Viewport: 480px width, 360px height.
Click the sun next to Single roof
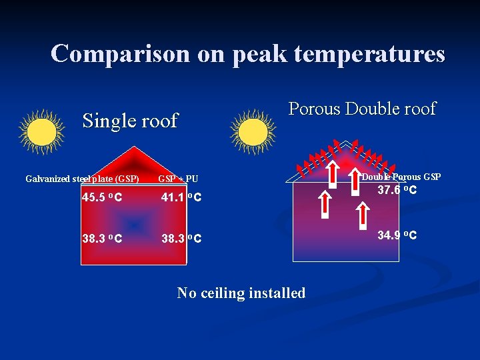click(41, 131)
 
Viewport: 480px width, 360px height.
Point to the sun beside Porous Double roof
click(253, 131)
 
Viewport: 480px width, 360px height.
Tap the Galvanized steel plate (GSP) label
click(82, 179)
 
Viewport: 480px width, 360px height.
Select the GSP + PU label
click(178, 179)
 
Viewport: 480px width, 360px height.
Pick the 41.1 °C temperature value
click(181, 197)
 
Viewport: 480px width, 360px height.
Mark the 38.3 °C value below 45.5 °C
click(102, 238)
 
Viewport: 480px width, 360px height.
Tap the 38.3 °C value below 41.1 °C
click(181, 238)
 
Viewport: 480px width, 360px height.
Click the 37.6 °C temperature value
click(397, 191)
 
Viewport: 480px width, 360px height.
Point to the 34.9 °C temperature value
click(397, 235)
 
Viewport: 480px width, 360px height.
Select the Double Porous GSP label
click(401, 177)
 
